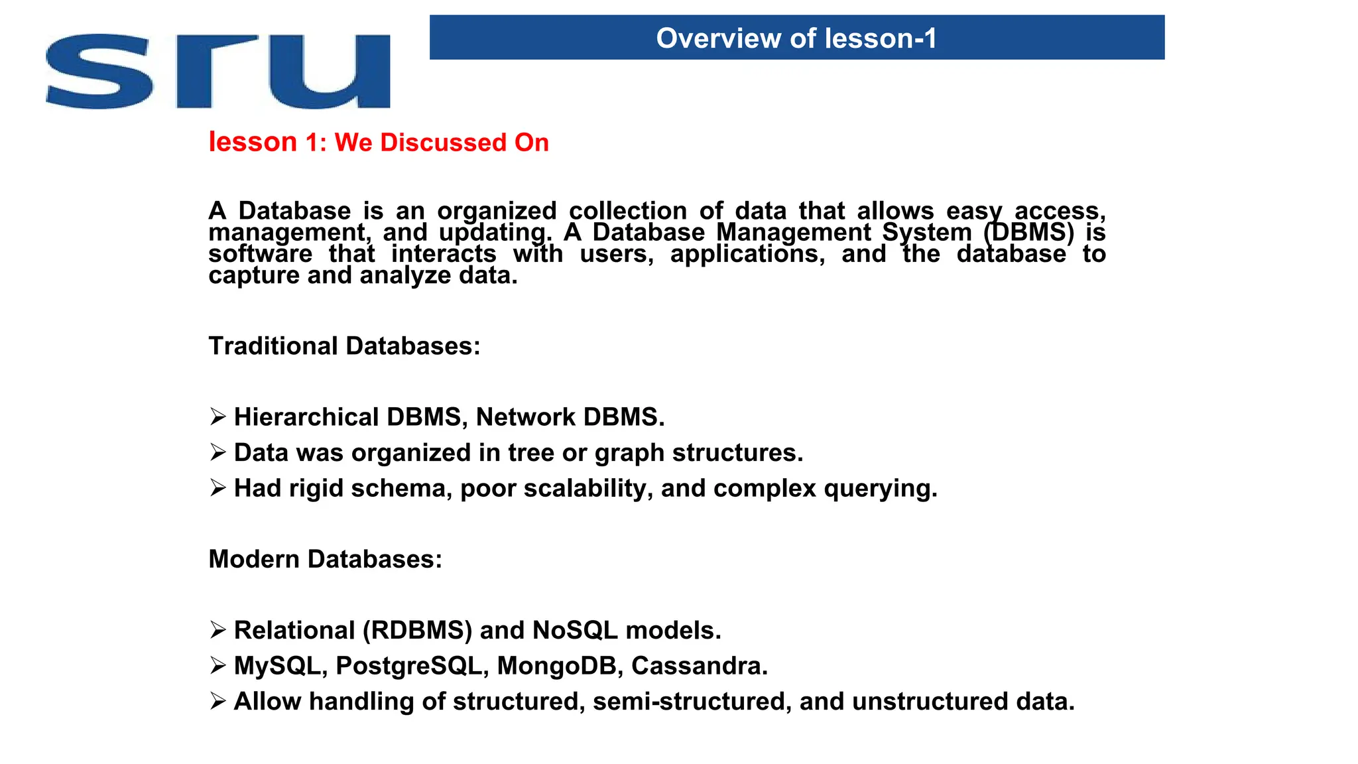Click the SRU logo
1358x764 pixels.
click(x=217, y=72)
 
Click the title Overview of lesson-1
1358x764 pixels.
click(x=796, y=38)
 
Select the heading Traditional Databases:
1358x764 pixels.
click(x=344, y=346)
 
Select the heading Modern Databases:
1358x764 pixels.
click(x=325, y=559)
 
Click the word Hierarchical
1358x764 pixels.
click(x=306, y=417)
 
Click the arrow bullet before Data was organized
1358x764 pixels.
click(x=218, y=452)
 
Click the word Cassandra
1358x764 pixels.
click(x=699, y=666)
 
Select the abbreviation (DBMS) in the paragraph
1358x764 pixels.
click(x=1028, y=233)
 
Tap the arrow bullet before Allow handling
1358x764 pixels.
click(x=218, y=701)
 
